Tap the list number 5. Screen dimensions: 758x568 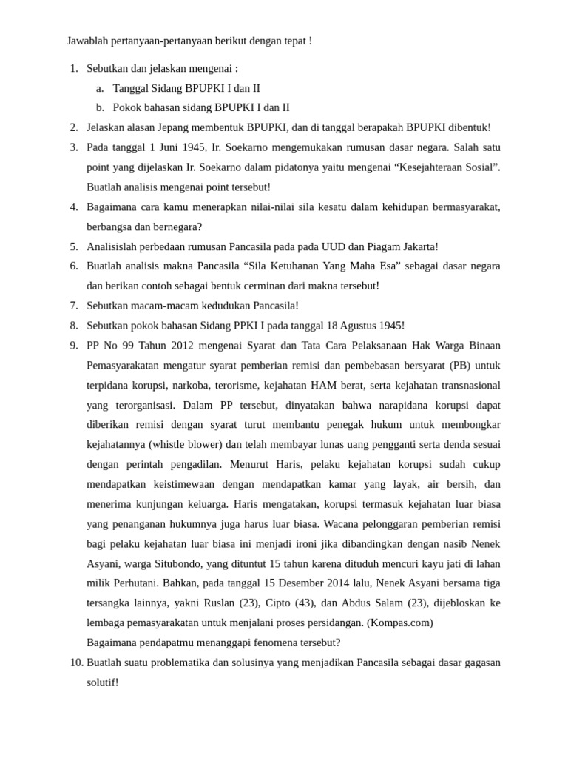coord(74,246)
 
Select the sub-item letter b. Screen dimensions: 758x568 coord(100,107)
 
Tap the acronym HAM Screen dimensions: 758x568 coord(324,386)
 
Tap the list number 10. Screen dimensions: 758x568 coord(76,663)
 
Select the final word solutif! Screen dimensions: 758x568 coord(103,682)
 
